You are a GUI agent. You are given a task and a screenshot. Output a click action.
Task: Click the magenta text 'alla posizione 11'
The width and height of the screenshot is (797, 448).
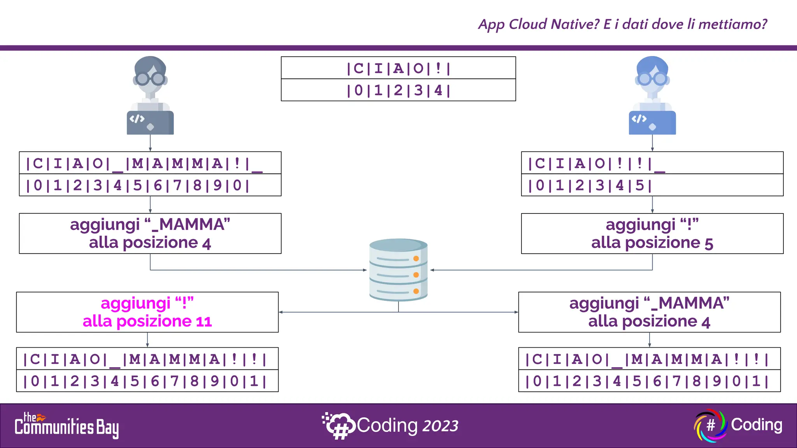pos(147,322)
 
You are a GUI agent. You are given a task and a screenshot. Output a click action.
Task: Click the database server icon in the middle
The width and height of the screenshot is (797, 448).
pos(398,269)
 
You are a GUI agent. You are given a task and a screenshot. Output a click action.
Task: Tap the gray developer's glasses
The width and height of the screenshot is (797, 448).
pos(150,79)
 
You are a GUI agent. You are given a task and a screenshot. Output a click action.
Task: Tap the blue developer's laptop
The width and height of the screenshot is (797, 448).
pos(652,123)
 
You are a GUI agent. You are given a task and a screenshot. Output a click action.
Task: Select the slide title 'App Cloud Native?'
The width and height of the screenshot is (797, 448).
pos(539,24)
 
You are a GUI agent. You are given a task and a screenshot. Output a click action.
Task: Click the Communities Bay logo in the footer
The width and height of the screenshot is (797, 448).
pos(67,426)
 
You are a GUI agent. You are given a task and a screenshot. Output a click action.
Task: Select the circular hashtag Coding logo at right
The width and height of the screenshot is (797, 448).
pos(711,425)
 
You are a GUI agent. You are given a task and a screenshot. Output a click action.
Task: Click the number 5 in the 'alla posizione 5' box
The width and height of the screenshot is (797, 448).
pos(709,244)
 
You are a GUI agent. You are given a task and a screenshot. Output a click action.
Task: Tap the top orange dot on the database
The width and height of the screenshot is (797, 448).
pos(416,259)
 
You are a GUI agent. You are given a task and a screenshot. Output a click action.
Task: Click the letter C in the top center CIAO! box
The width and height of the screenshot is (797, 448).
pos(358,68)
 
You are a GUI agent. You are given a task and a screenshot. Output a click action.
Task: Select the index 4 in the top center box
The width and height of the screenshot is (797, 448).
pos(438,90)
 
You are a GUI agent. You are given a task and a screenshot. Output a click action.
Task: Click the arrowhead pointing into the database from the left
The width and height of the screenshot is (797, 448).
pos(365,270)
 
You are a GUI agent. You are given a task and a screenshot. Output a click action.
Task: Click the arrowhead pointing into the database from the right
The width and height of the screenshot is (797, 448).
pos(432,270)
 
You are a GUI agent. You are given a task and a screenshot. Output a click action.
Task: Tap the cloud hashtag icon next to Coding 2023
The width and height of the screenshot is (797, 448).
pos(338,425)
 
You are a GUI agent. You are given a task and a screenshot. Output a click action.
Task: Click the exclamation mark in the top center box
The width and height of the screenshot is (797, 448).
pos(438,68)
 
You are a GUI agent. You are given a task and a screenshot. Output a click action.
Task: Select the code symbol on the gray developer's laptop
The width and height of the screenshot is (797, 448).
pos(137,119)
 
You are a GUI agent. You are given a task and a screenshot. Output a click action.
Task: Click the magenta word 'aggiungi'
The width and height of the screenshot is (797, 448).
pos(135,303)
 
